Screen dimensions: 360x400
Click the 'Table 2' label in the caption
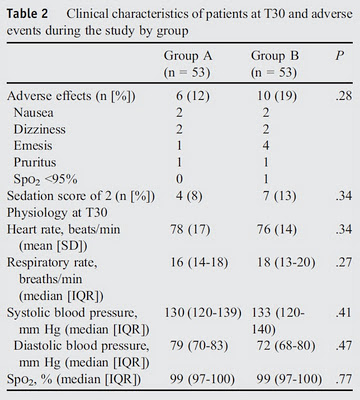(27, 14)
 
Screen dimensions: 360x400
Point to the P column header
(339, 56)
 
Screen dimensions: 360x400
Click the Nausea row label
(33, 113)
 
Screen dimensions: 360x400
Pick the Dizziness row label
(39, 129)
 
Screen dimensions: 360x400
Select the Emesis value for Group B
(266, 146)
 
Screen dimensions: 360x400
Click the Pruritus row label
(35, 163)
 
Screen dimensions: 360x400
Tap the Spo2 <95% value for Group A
(179, 179)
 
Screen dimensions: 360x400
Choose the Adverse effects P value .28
(344, 96)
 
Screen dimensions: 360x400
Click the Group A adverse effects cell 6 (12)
(193, 96)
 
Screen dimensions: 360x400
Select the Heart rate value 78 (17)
(190, 229)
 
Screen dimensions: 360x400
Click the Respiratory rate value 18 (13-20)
(286, 262)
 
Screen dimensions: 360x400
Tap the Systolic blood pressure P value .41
(344, 313)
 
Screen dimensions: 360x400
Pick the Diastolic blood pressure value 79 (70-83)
(199, 346)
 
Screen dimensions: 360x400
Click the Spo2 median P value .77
(344, 379)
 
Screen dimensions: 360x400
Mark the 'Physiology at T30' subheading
(57, 213)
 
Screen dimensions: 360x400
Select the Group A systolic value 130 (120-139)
(203, 313)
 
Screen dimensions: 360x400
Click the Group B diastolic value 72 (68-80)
(286, 346)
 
